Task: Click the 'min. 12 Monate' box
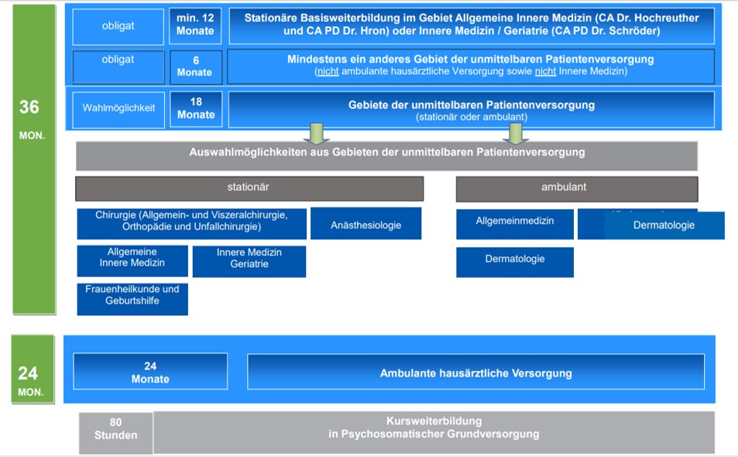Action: coord(195,26)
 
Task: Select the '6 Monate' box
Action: coord(195,67)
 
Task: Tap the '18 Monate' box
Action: coord(196,108)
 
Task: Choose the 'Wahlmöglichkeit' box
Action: coord(118,108)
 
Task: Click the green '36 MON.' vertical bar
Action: coord(33,159)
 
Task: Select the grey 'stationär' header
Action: coord(249,188)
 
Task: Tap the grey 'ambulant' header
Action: coord(576,188)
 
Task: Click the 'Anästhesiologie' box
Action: coord(366,224)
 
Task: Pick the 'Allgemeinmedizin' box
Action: coord(514,223)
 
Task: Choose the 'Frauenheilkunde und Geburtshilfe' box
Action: coord(132,299)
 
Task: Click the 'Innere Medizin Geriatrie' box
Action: coord(249,261)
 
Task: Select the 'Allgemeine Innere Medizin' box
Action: coord(132,260)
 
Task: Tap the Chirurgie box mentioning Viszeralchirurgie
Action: coord(191,223)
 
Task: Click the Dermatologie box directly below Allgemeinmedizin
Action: coord(514,262)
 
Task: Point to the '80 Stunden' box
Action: coord(115,432)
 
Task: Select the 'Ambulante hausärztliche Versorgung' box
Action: coord(475,372)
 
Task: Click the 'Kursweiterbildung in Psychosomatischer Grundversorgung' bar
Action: coord(434,432)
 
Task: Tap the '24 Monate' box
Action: coord(150,372)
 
